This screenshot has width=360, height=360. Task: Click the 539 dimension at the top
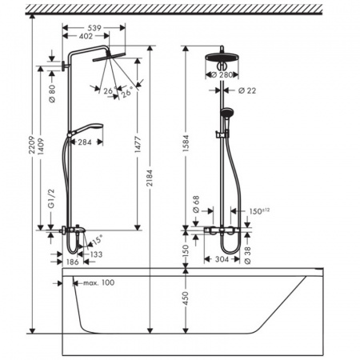95,26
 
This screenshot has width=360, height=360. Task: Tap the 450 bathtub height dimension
186,301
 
